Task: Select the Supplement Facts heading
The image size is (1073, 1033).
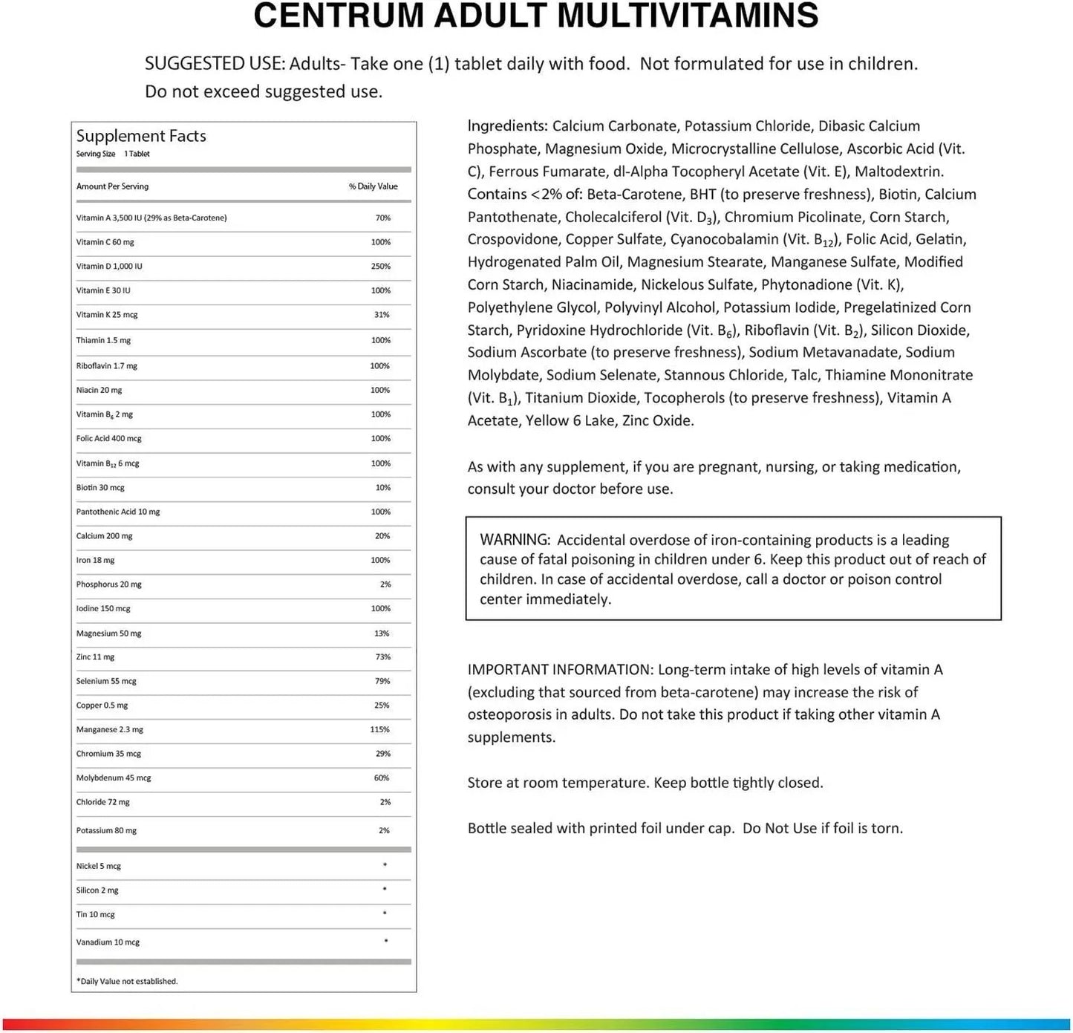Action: [x=141, y=136]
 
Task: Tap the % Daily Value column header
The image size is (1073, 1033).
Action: [x=373, y=186]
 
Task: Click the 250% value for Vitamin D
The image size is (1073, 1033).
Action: [x=380, y=266]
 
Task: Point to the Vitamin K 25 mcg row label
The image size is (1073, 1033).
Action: [x=107, y=315]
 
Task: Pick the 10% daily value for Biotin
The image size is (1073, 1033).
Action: [x=382, y=488]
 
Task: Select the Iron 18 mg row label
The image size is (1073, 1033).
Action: [x=95, y=561]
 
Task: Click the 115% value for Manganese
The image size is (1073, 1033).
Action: [x=379, y=730]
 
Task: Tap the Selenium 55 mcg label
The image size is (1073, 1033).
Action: [x=106, y=681]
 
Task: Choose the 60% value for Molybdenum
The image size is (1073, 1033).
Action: [x=382, y=778]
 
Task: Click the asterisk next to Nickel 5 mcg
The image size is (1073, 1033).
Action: [x=385, y=865]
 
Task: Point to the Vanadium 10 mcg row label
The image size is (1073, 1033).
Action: [x=108, y=942]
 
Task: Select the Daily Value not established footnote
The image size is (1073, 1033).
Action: [x=128, y=982]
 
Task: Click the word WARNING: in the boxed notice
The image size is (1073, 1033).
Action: [x=515, y=540]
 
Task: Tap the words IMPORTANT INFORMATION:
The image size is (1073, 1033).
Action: [x=560, y=670]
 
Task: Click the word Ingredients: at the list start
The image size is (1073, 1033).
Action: [x=507, y=126]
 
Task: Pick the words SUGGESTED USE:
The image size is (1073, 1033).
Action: [x=214, y=64]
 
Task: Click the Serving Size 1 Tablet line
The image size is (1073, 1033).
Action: [x=113, y=154]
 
